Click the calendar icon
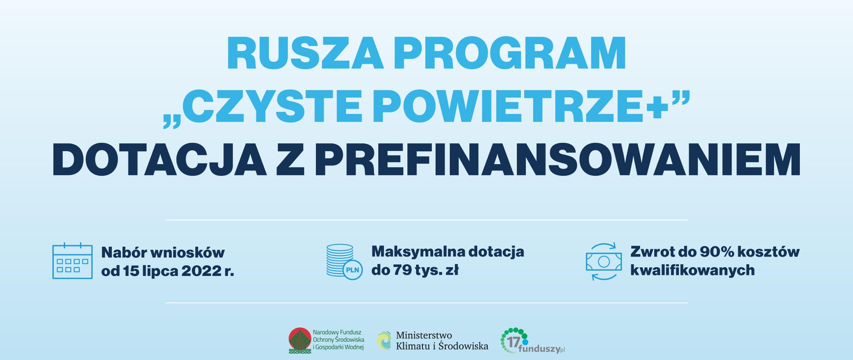point(72,261)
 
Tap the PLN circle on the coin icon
point(353,270)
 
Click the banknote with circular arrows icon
point(603,261)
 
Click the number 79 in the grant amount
point(398,270)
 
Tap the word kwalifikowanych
point(692,270)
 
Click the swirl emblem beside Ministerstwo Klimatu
point(384,341)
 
